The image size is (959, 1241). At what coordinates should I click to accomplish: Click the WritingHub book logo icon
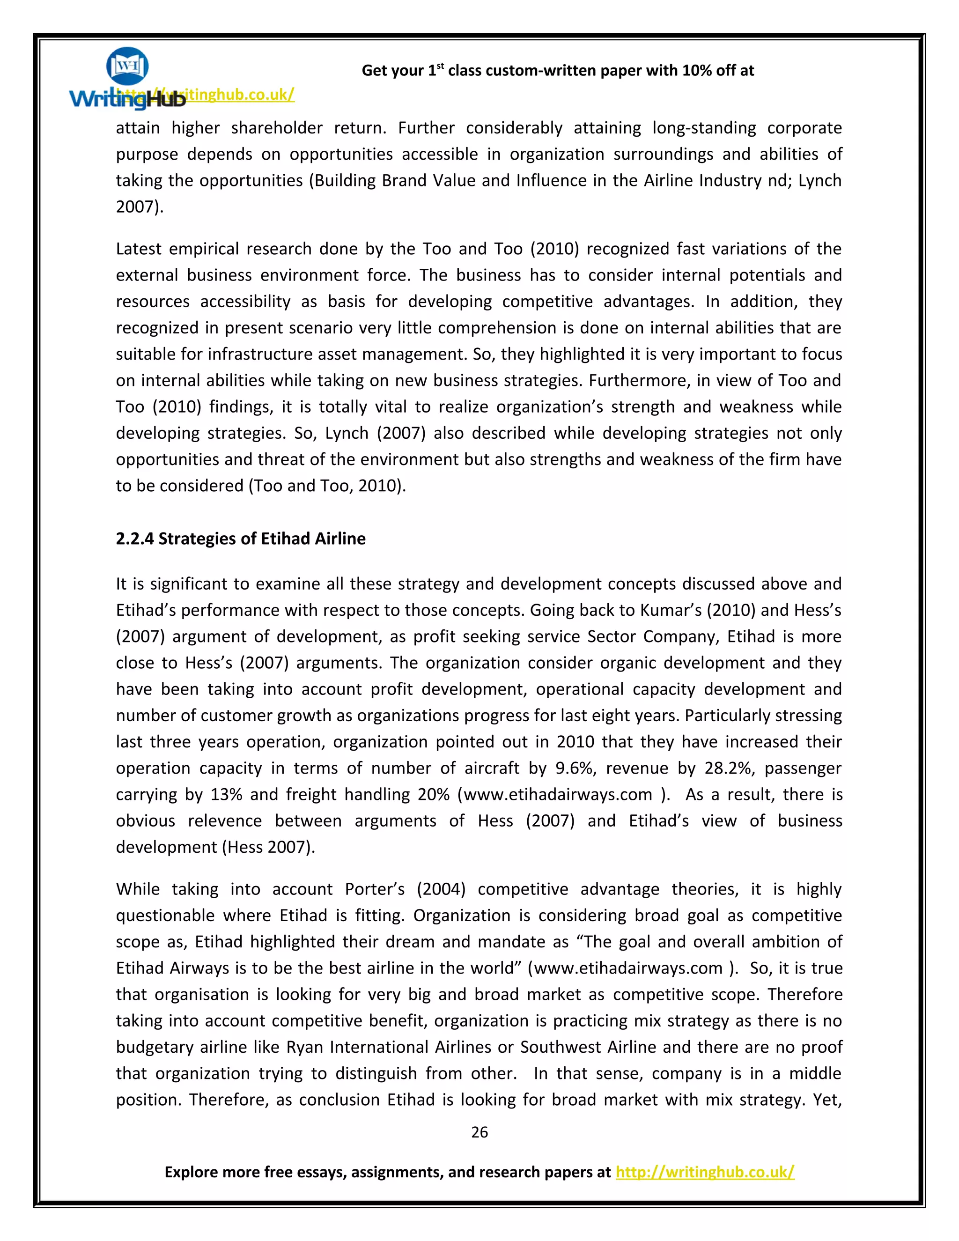pyautogui.click(x=127, y=66)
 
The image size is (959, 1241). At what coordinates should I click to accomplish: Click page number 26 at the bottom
pyautogui.click(x=479, y=1132)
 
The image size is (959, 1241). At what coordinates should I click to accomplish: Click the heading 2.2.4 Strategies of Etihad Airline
pyautogui.click(x=240, y=538)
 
